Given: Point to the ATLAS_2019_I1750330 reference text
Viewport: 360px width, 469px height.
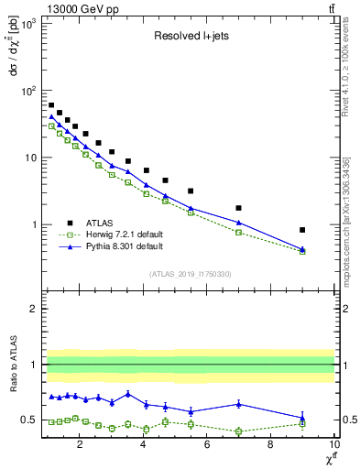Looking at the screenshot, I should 190,274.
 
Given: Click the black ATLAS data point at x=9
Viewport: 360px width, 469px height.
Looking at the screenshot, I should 302,230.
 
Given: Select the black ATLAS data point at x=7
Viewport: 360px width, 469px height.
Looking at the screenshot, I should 238,208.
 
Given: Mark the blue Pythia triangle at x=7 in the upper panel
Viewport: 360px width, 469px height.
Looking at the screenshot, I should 238,223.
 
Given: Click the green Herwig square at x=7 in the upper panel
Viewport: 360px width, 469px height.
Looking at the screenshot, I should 238,233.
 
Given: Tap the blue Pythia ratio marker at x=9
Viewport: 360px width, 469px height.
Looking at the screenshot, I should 302,418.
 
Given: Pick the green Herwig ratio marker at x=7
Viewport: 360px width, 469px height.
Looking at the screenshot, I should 238,431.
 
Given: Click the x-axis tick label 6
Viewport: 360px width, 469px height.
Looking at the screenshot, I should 207,446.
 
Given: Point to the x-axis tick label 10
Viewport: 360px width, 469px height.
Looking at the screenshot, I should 333,446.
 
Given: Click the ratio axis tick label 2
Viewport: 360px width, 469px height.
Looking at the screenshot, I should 33,309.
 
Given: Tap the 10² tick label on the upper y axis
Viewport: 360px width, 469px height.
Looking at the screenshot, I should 27,91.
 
